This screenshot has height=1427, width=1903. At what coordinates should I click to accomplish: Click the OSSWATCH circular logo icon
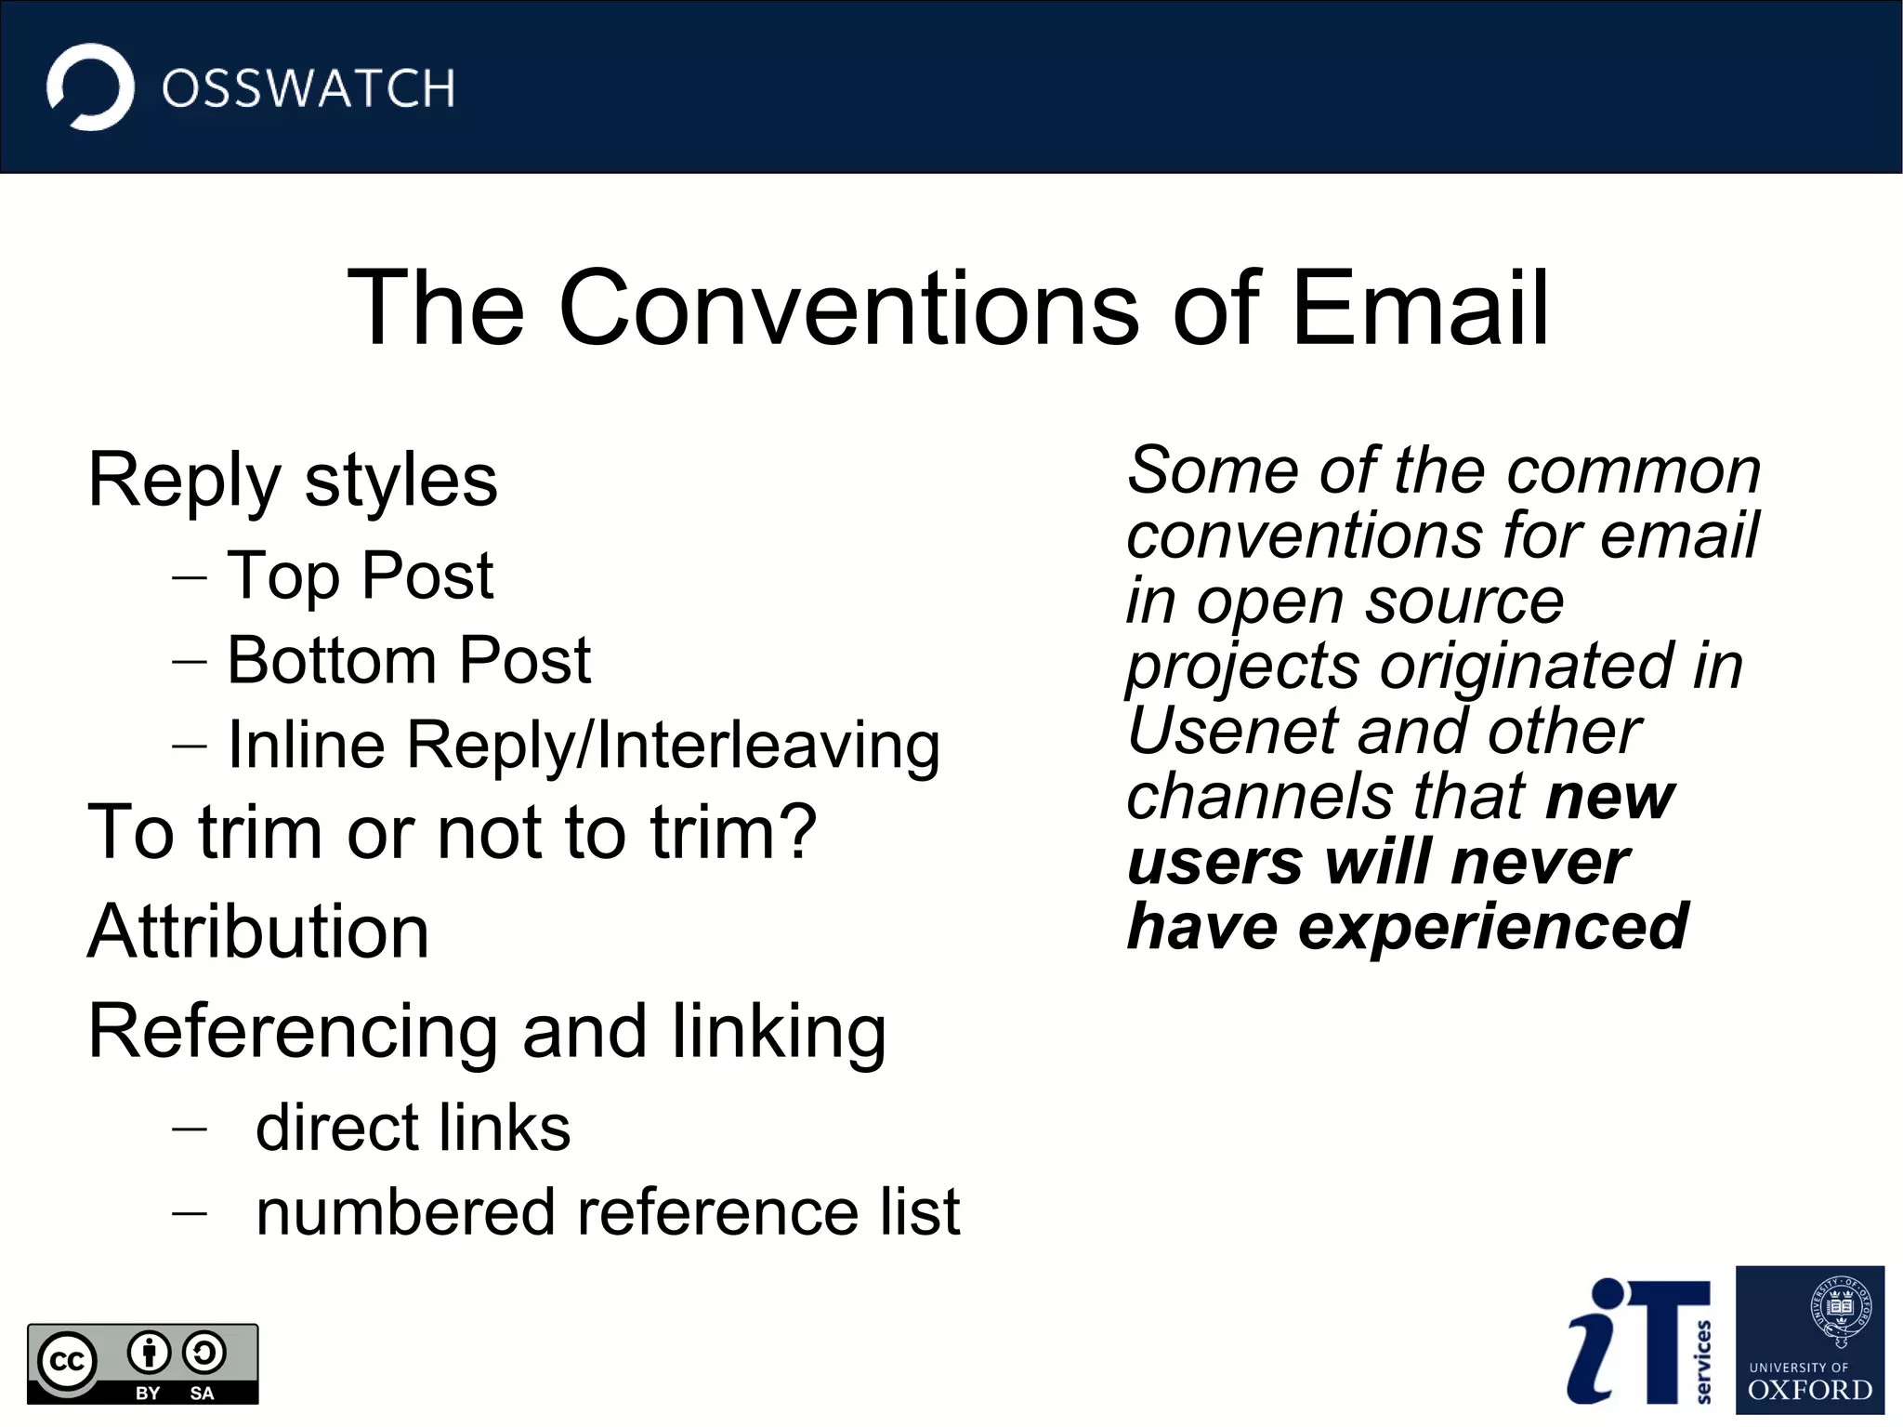coord(90,87)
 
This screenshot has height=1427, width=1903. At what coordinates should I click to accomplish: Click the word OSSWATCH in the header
coord(308,89)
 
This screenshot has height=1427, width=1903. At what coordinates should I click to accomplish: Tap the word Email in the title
coord(1420,308)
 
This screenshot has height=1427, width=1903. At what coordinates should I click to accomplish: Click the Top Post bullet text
coord(361,575)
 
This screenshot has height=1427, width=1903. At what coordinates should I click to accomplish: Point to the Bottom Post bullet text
coord(409,661)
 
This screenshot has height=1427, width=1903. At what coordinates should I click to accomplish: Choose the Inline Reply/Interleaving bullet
coord(584,746)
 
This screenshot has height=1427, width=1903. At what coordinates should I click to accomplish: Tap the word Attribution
coord(258,932)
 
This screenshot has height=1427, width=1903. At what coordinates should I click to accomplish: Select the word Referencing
coord(293,1032)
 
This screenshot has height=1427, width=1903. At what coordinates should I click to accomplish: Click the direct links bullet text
coord(413,1128)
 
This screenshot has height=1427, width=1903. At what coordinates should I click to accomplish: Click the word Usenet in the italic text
coord(1230,732)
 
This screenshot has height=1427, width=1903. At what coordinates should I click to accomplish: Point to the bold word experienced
coord(1493,927)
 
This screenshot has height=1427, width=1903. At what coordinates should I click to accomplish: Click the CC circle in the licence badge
coord(67,1361)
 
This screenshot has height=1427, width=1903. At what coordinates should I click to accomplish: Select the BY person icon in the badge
coord(149,1354)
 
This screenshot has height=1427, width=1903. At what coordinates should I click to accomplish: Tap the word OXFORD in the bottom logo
coord(1810,1391)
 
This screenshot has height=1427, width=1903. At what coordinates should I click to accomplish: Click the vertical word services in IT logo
coord(1703,1361)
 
